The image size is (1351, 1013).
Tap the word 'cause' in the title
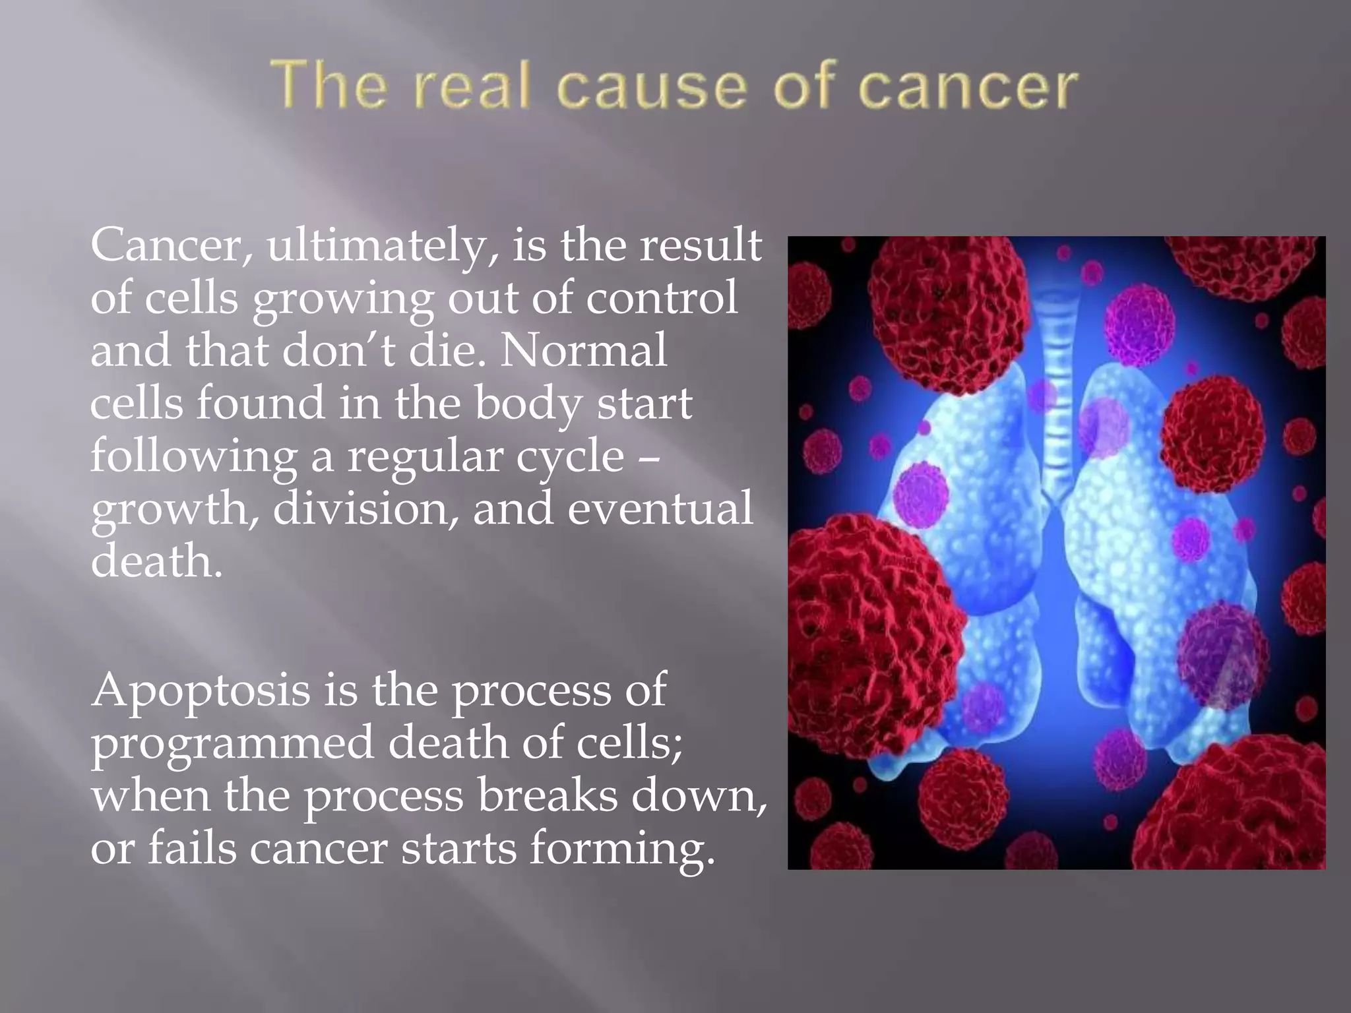point(651,86)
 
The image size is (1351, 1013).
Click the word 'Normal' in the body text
point(583,350)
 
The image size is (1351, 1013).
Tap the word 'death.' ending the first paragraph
point(156,561)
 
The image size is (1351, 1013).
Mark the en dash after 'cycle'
point(650,456)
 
